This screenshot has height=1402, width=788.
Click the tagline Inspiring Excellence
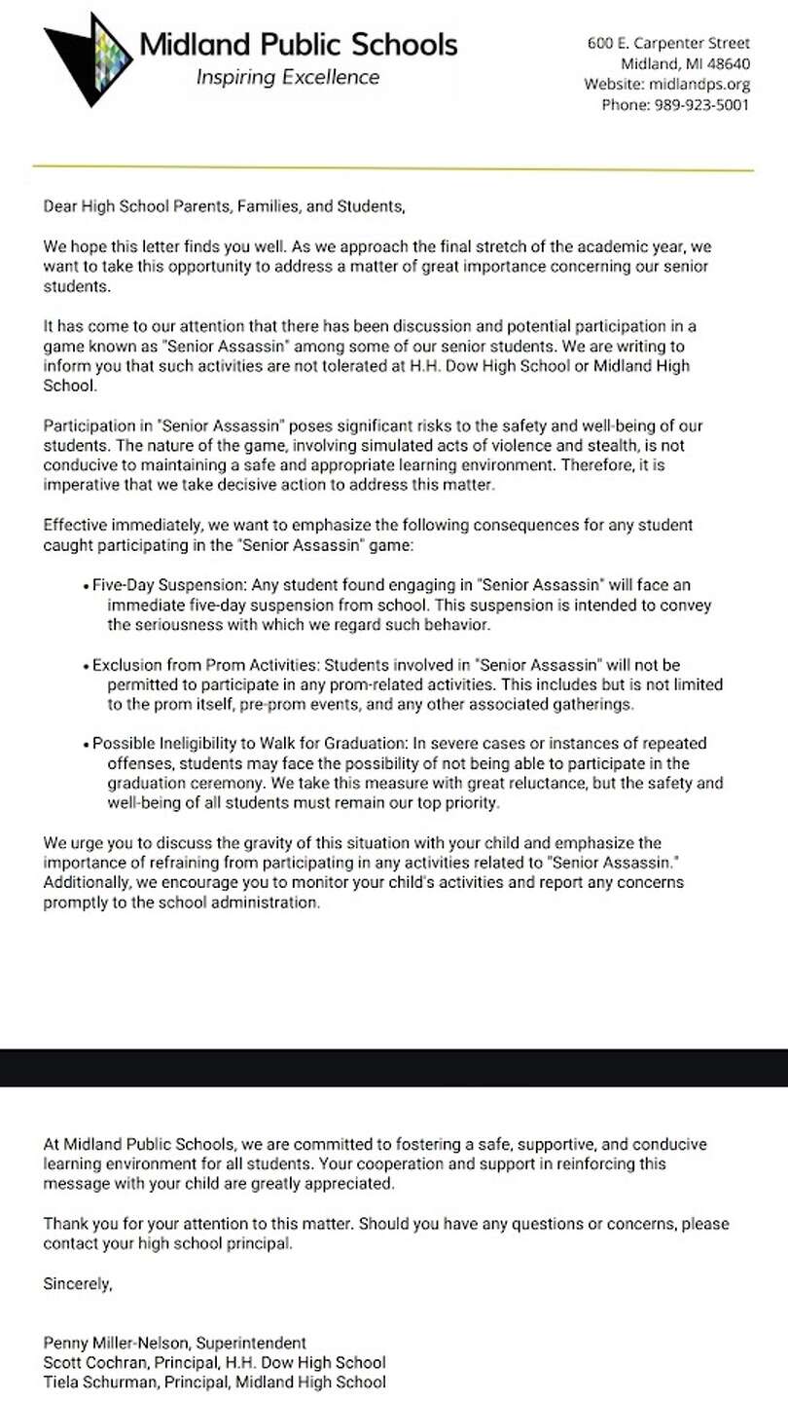pos(288,77)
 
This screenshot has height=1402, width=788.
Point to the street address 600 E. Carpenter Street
pos(668,43)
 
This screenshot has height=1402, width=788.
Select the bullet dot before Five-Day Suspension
pos(88,587)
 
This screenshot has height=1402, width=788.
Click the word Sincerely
pos(78,1284)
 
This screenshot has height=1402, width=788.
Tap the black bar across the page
pos(393,1067)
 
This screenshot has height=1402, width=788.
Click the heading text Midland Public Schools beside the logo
pos(298,44)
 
